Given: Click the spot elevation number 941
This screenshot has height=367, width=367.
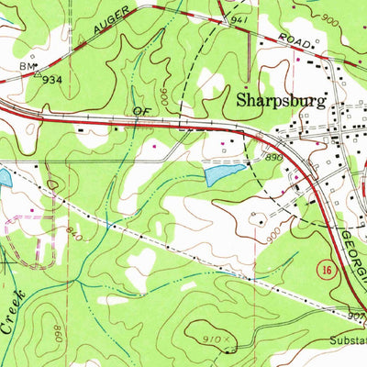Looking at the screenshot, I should pos(240,18).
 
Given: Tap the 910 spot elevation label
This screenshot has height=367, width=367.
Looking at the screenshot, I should pos(214,338).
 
